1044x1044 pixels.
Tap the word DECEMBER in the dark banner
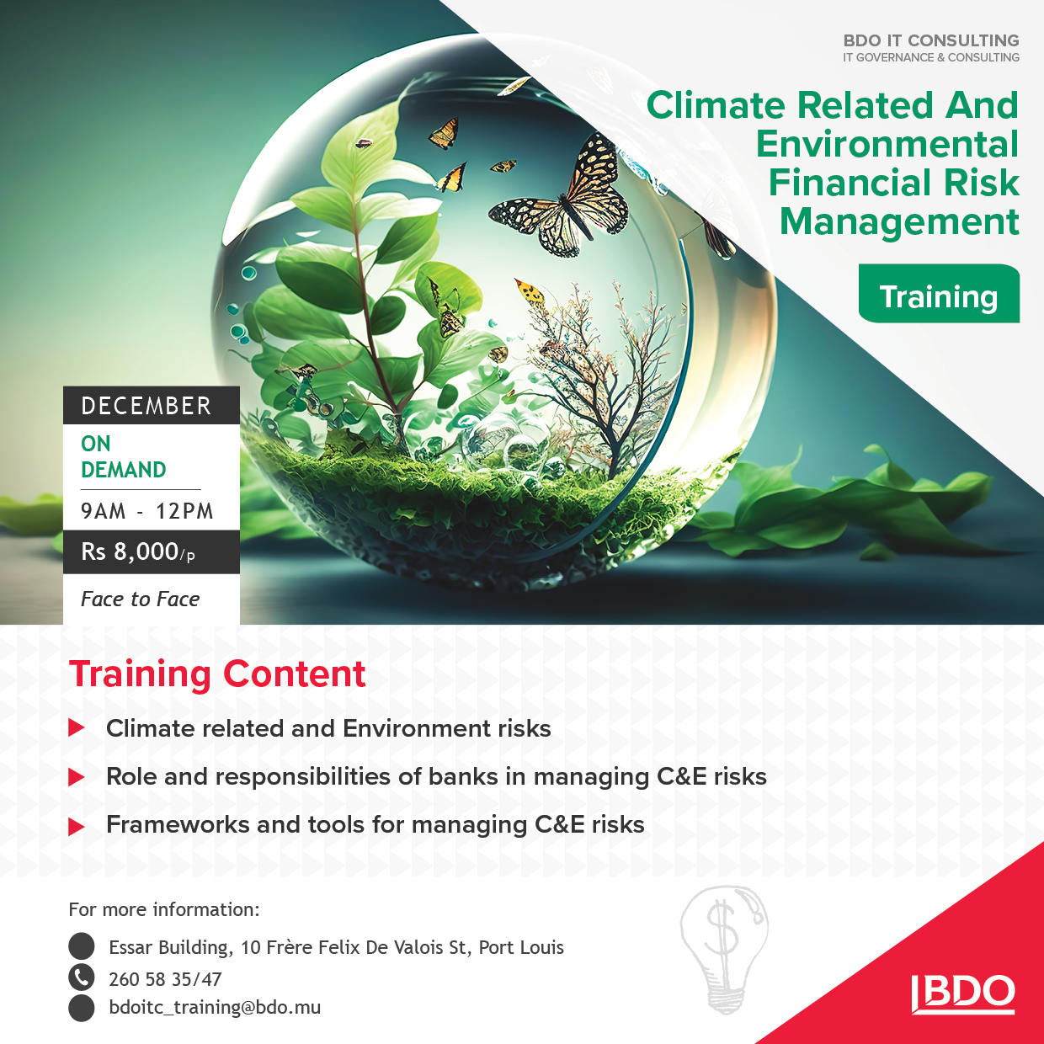(146, 406)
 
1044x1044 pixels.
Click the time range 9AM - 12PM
(146, 511)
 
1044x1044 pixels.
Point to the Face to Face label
(141, 599)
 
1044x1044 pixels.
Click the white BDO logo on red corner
(962, 994)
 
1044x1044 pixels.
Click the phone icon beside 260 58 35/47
(82, 977)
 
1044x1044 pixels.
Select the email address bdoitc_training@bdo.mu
(215, 1008)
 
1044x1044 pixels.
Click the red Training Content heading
(217, 674)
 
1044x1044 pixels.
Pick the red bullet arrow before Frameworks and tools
(77, 827)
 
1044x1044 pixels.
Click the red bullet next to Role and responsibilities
(77, 778)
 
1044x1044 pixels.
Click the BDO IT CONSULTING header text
(931, 40)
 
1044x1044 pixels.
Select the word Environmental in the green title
(887, 144)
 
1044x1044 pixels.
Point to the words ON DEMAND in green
(124, 456)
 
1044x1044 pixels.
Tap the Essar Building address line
(337, 947)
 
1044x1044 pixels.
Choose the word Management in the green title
(899, 221)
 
